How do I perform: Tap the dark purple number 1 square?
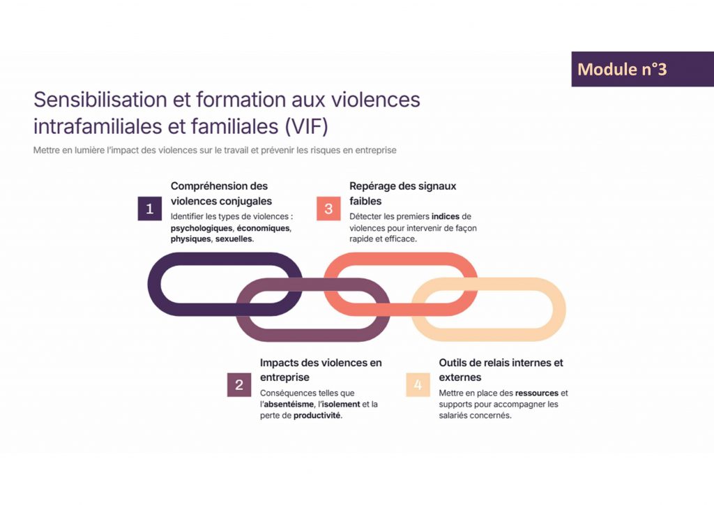[149, 209]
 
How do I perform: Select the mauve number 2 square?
[238, 385]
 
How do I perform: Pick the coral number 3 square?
[328, 209]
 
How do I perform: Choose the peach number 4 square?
[418, 385]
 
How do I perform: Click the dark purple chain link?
[157, 285]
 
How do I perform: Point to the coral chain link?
[401, 259]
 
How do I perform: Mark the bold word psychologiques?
[202, 228]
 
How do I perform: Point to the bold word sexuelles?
[234, 239]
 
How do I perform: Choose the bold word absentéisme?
[289, 405]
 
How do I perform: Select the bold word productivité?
[317, 416]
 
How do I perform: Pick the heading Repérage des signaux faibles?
[403, 193]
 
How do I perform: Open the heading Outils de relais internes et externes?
[501, 370]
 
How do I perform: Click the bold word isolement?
[344, 405]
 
